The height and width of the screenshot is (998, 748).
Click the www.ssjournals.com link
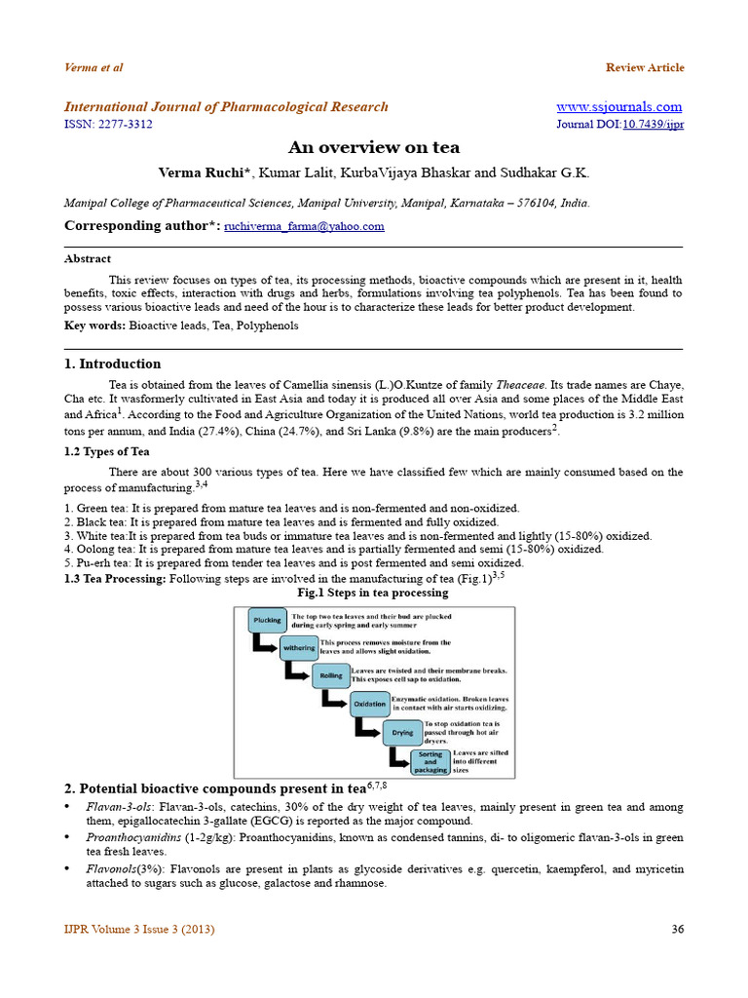tap(618, 107)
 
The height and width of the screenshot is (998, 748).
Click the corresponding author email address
tap(304, 226)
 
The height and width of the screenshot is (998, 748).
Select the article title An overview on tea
tap(374, 148)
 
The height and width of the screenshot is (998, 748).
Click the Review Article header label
tap(645, 68)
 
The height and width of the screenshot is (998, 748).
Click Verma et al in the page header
tap(93, 68)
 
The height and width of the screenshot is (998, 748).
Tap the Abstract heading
tap(88, 259)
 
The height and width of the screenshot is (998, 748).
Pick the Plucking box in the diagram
tap(267, 620)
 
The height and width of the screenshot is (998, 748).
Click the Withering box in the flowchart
tap(299, 647)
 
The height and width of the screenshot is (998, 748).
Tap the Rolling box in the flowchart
tap(330, 675)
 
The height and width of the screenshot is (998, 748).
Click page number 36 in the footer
tap(678, 930)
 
